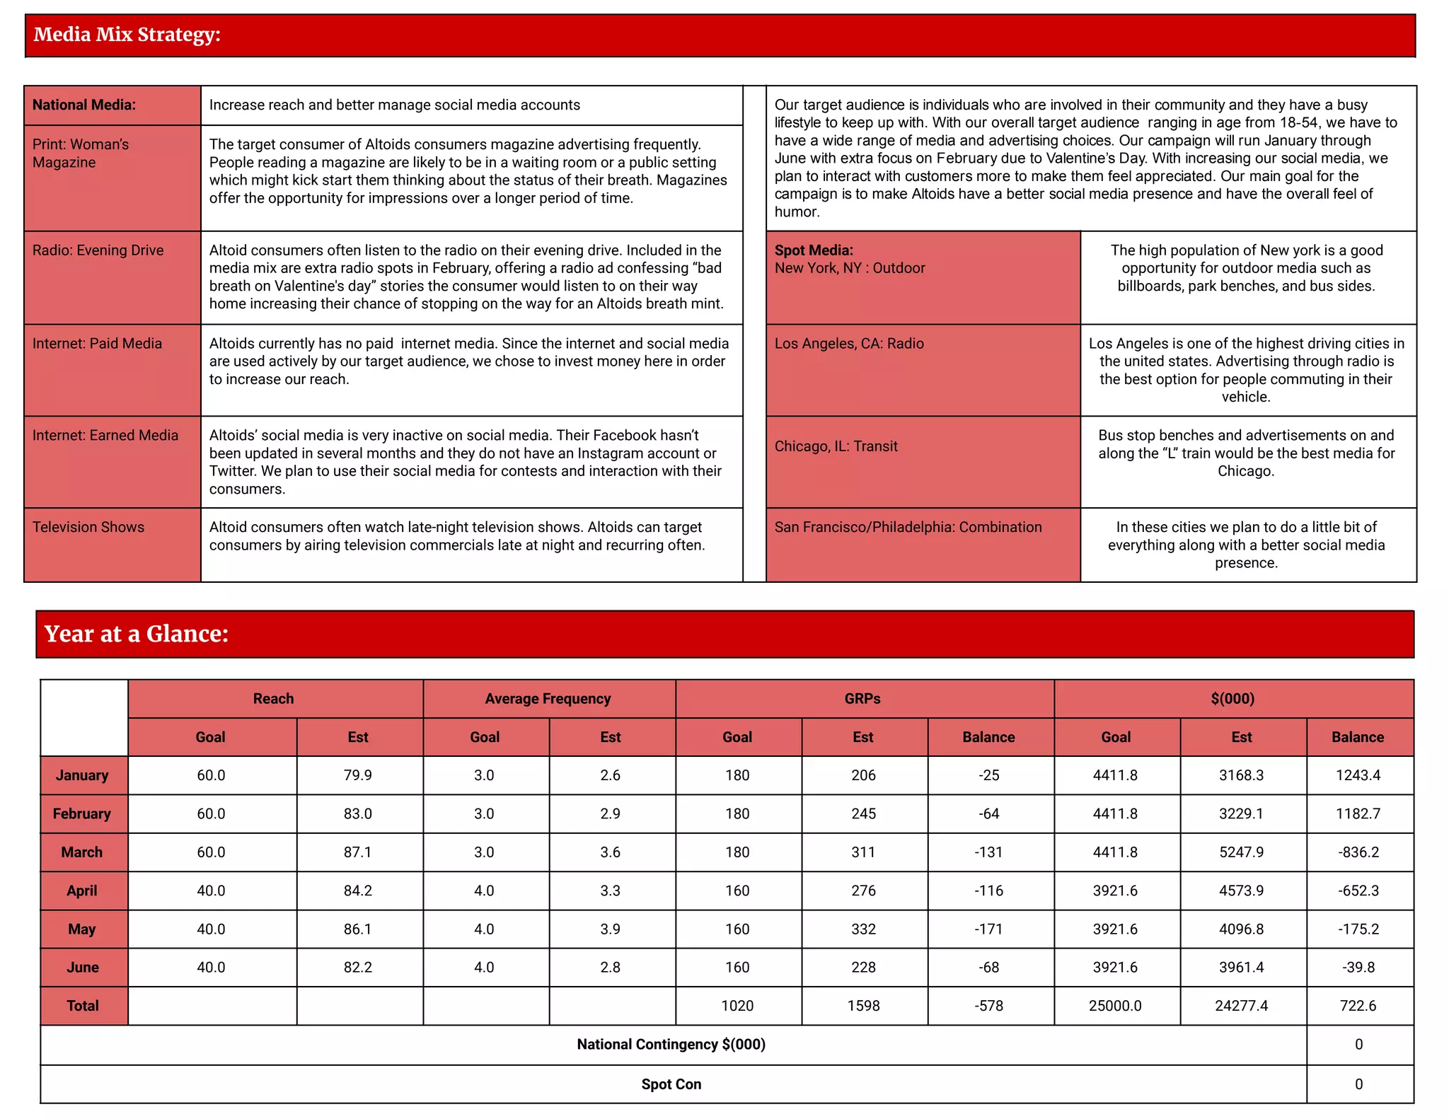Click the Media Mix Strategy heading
coord(127,35)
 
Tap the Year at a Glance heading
coord(137,634)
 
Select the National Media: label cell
coord(84,105)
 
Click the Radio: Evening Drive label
coord(98,250)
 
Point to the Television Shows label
coord(88,527)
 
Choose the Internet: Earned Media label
coord(105,435)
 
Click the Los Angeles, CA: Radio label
coord(849,343)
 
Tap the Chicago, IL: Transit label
coord(836,446)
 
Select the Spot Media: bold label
coord(814,250)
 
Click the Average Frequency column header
coord(548,699)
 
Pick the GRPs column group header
coord(862,699)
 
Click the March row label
coord(82,852)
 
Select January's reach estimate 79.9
coord(358,775)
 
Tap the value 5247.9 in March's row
coord(1241,852)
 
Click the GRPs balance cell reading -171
coord(988,929)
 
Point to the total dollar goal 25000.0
coord(1115,1006)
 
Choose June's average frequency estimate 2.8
coord(610,967)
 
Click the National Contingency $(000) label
coord(671,1045)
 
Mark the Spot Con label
coord(671,1084)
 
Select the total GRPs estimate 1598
coord(863,1006)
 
